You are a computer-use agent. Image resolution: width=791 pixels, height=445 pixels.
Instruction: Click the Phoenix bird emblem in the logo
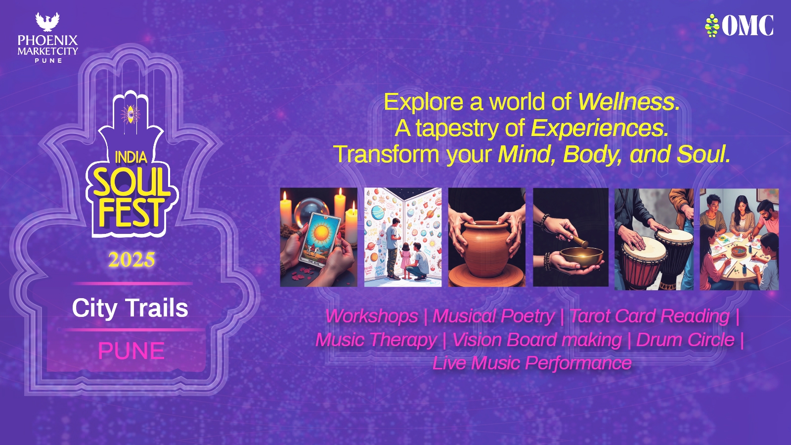[47, 22]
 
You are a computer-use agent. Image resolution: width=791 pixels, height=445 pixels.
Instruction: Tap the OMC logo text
[747, 25]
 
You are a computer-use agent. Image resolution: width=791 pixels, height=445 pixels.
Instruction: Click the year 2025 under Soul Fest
[132, 260]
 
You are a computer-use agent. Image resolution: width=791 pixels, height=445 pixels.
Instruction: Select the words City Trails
[130, 308]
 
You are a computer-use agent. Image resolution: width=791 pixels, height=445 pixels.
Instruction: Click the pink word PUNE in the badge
[132, 351]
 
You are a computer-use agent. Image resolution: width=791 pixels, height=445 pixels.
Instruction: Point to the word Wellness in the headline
[629, 102]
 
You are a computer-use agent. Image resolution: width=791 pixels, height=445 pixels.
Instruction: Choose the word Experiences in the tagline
[600, 128]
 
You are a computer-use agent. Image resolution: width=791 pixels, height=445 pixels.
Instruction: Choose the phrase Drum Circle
[685, 340]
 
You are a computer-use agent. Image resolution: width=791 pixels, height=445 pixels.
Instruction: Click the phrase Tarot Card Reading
[650, 316]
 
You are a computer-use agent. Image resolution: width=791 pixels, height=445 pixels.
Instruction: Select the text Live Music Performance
[532, 363]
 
